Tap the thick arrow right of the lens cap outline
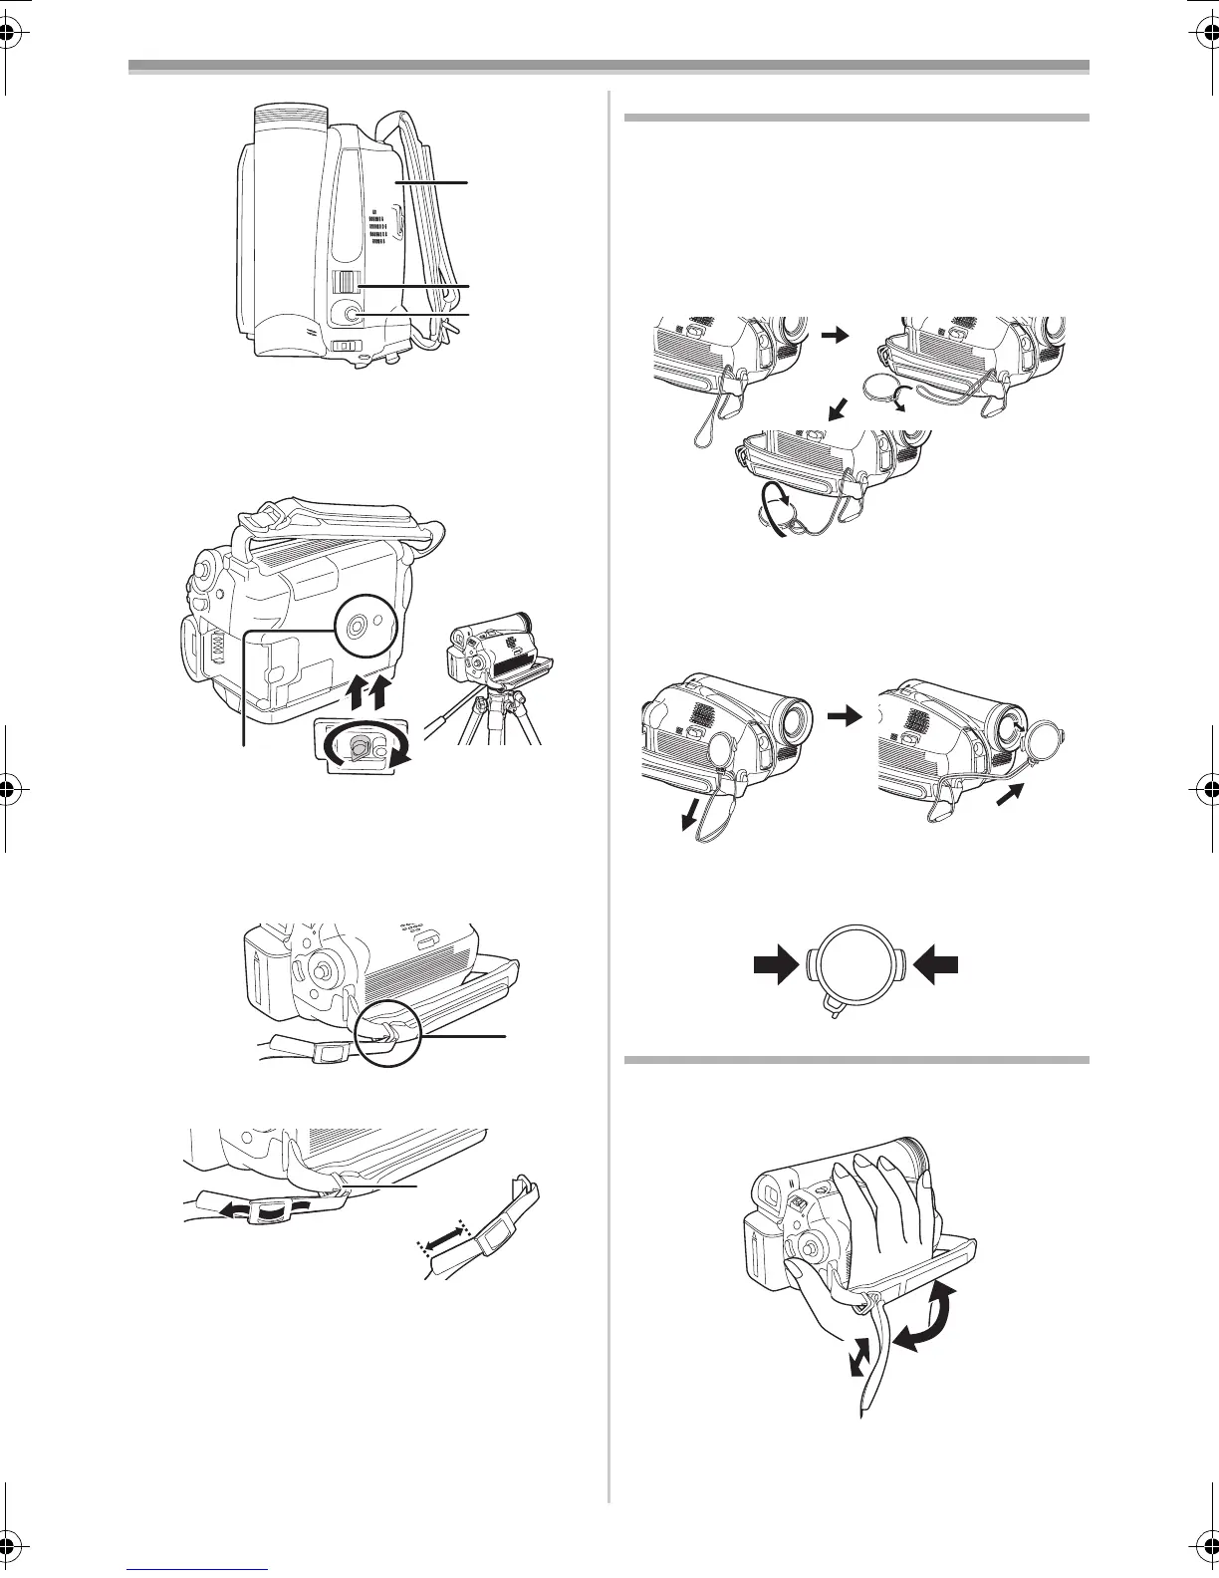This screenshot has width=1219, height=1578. point(937,963)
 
